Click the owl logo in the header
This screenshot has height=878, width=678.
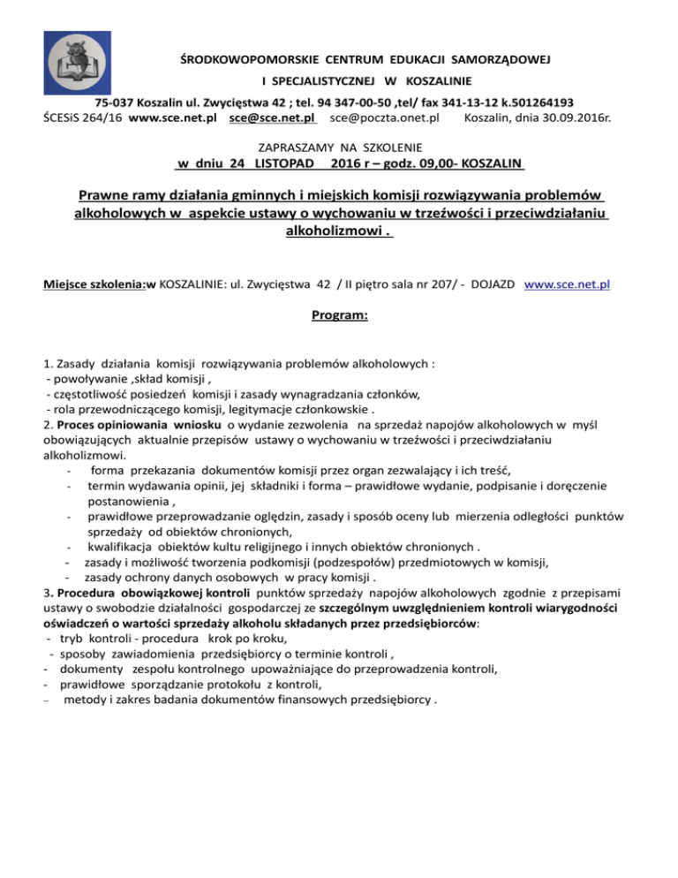point(73,67)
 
